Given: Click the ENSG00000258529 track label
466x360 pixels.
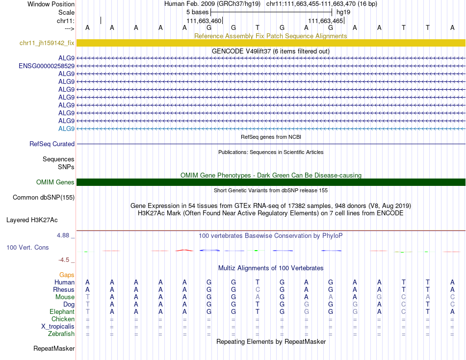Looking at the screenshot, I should tap(47, 66).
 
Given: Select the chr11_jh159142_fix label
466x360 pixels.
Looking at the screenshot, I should tap(47, 43).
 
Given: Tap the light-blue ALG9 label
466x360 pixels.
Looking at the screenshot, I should tap(66, 129).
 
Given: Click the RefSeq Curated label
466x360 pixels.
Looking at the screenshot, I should tap(52, 144).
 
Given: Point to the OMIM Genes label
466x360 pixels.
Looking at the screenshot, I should tap(55, 182).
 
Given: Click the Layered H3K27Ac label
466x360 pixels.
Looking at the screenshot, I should tap(40, 220).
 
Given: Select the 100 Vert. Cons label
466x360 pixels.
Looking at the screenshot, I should tap(27, 248).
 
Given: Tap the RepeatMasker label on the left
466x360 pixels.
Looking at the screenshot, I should tap(54, 349).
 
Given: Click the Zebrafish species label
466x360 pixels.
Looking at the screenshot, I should tap(61, 334).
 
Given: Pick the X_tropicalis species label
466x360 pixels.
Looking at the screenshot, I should tap(58, 327).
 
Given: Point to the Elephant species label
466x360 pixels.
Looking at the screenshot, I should tap(62, 312).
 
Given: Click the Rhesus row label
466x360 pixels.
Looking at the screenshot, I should tap(64, 290).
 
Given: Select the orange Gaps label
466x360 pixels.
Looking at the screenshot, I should tap(67, 275).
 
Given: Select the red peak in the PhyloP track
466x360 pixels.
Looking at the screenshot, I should tap(184, 250).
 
